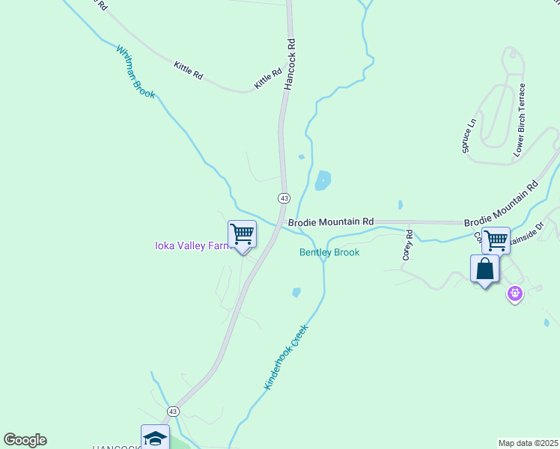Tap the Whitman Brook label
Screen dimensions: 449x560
pyautogui.click(x=135, y=72)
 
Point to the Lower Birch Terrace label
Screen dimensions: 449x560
pyautogui.click(x=520, y=120)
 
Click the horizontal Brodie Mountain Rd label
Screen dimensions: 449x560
pyautogui.click(x=330, y=222)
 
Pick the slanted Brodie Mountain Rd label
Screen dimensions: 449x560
pyautogui.click(x=501, y=204)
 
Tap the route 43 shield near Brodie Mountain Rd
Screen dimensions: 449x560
pyautogui.click(x=284, y=198)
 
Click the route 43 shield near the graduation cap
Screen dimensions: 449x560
pyautogui.click(x=173, y=412)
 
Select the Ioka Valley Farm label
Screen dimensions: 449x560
pyautogui.click(x=190, y=245)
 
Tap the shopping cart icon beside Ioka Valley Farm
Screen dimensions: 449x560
pyautogui.click(x=242, y=234)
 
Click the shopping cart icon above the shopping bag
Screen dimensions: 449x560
pyautogui.click(x=496, y=240)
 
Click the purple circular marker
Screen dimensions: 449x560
pyautogui.click(x=514, y=294)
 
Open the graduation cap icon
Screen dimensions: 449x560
pyautogui.click(x=155, y=438)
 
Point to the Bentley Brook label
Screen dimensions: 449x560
pyautogui.click(x=329, y=252)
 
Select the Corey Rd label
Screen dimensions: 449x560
pyautogui.click(x=408, y=245)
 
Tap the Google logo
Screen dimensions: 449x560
pyautogui.click(x=25, y=440)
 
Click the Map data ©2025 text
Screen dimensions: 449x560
pyautogui.click(x=528, y=443)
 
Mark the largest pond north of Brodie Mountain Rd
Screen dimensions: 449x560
pyautogui.click(x=323, y=180)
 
